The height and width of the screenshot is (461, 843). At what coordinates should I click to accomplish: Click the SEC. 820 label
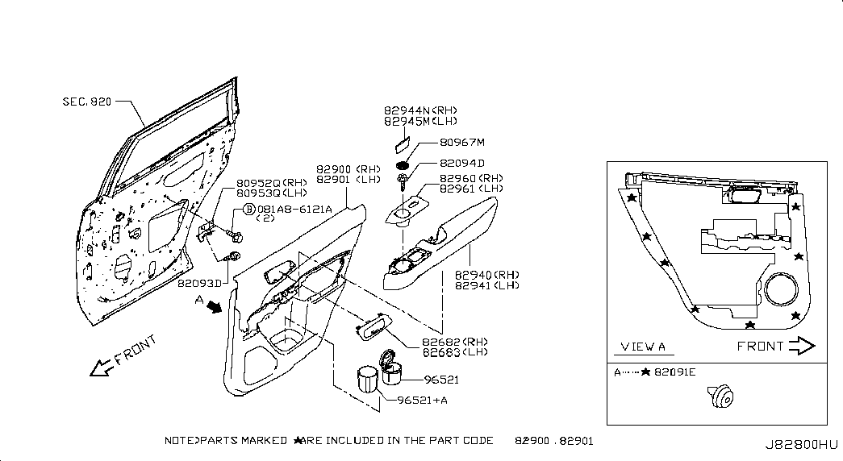[x=87, y=102]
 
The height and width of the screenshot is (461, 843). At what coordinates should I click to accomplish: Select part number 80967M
[x=462, y=143]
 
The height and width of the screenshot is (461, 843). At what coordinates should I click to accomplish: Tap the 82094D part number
[x=461, y=164]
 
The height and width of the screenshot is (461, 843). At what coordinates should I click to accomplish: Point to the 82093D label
[x=199, y=283]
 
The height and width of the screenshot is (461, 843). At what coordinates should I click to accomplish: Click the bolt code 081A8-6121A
[x=294, y=209]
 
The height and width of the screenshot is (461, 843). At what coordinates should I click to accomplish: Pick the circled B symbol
[x=249, y=209]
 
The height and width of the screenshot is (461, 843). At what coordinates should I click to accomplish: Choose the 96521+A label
[x=422, y=401]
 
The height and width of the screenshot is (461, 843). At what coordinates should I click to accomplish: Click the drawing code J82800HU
[x=802, y=445]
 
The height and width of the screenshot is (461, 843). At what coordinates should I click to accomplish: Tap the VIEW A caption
[x=643, y=347]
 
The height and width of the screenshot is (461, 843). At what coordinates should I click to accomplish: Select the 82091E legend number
[x=674, y=372]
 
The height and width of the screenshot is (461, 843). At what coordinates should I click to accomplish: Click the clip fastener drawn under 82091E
[x=720, y=397]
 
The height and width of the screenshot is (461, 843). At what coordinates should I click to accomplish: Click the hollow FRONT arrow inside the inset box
[x=802, y=346]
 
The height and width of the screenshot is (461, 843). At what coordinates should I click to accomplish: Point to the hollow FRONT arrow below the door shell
[x=102, y=368]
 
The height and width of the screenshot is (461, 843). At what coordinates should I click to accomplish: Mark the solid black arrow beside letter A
[x=215, y=307]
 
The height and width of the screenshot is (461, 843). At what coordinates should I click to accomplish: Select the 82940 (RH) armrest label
[x=487, y=275]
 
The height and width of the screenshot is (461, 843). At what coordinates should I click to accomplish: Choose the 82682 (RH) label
[x=455, y=343]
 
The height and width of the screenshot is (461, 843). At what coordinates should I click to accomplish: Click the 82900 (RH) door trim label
[x=348, y=169]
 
